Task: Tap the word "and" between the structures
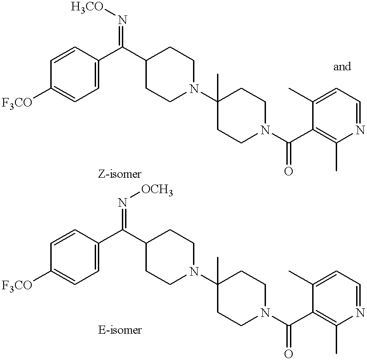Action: pos(342,67)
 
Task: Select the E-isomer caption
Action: pos(120,330)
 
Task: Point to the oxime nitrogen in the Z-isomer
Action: pos(122,19)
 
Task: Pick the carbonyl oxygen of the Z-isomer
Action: pos(289,171)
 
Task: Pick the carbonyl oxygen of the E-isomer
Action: pos(289,353)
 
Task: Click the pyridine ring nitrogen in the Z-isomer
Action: pos(360,131)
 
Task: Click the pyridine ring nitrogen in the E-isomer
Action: pos(360,312)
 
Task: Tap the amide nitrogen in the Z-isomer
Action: pos(265,131)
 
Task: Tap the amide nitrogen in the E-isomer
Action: pos(265,313)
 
